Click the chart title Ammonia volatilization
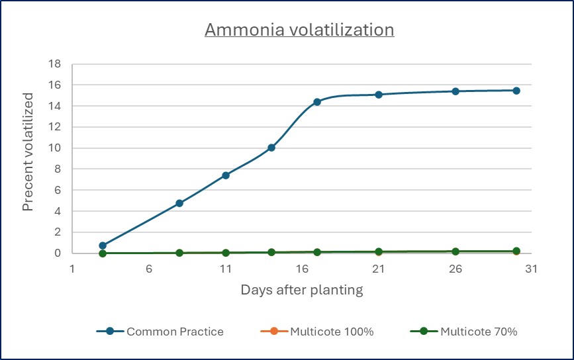[x=299, y=30]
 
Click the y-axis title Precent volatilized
[x=28, y=161]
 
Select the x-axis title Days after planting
[x=301, y=290]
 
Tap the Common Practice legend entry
[x=160, y=332]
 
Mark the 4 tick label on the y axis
[x=58, y=211]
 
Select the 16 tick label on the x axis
[x=302, y=269]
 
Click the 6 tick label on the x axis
[x=149, y=269]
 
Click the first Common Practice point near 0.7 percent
[x=103, y=246]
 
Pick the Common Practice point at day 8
[x=179, y=203]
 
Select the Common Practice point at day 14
[x=271, y=148]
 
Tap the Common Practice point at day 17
[x=317, y=102]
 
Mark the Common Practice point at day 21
[x=379, y=95]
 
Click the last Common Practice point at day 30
[x=516, y=91]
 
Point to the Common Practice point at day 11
[x=226, y=175]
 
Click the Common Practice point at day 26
[x=455, y=91]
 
